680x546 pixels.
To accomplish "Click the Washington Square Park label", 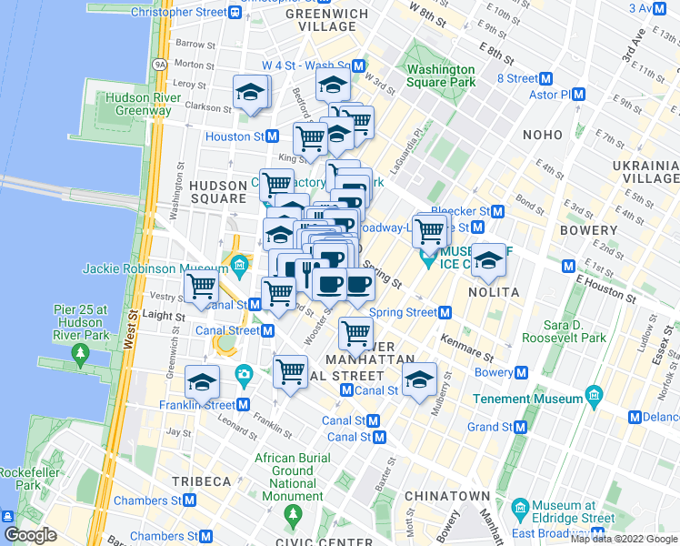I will (441, 76).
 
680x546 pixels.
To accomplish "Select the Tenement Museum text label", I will (527, 399).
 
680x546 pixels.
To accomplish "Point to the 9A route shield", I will (161, 65).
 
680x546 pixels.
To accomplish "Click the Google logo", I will (30, 534).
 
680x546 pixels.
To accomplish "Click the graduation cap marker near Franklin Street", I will (202, 381).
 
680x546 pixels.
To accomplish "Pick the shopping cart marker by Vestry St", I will (200, 287).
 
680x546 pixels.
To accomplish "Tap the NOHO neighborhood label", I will (543, 135).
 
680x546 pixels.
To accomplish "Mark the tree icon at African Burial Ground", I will (293, 516).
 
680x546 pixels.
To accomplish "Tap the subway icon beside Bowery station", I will (521, 372).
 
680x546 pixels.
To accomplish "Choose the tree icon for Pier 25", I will (82, 350).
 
